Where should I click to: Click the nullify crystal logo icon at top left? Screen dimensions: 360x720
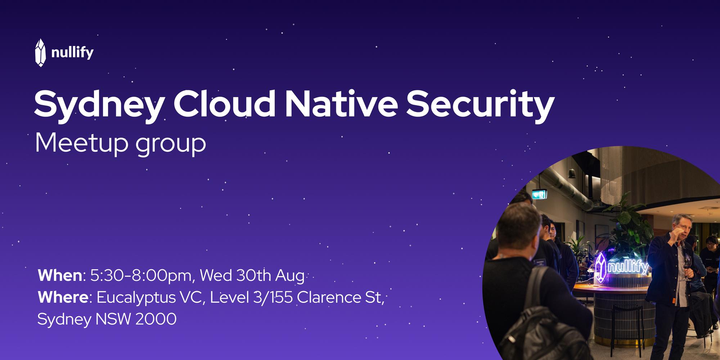[41, 53]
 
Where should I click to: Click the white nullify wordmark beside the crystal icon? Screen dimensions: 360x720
[72, 53]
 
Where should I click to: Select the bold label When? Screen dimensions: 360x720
[60, 276]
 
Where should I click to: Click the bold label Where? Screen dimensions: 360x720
[63, 298]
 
